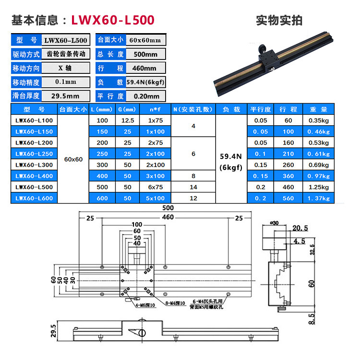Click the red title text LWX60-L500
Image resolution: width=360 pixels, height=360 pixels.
pyautogui.click(x=113, y=20)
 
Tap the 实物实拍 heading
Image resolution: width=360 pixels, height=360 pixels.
pyautogui.click(x=279, y=20)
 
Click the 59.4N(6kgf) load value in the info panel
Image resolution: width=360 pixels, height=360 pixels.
pyautogui.click(x=145, y=82)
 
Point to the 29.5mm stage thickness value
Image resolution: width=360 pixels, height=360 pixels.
pyautogui.click(x=65, y=96)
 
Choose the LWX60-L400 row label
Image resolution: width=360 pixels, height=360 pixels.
pyautogui.click(x=33, y=176)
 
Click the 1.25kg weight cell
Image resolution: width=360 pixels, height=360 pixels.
pyautogui.click(x=319, y=187)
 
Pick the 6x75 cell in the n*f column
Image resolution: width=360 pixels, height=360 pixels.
pyautogui.click(x=156, y=187)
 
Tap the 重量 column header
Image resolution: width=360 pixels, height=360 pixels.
pyautogui.click(x=319, y=109)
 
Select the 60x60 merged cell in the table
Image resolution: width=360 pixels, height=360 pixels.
pyautogui.click(x=73, y=158)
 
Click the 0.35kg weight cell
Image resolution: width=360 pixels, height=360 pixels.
pyautogui.click(x=319, y=120)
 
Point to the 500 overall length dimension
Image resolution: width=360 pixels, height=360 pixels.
pyautogui.click(x=167, y=208)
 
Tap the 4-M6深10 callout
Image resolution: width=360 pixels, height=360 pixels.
pyautogui.click(x=140, y=305)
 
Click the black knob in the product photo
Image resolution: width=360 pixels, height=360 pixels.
pyautogui.click(x=264, y=48)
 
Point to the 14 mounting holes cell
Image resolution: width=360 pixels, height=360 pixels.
pyautogui.click(x=194, y=187)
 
